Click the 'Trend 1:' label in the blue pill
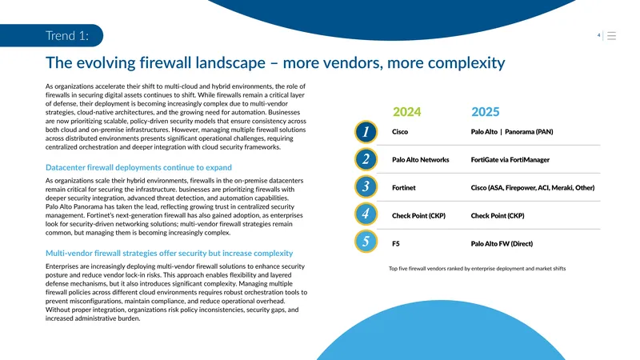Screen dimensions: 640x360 tap(67, 35)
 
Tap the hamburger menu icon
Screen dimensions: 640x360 tap(611, 36)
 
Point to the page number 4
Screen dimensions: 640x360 tap(598, 35)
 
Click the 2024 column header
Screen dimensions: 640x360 tap(406, 111)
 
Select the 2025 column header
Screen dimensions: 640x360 tap(486, 111)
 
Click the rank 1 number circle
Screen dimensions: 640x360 tap(366, 132)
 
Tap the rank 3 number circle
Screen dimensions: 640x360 tap(366, 186)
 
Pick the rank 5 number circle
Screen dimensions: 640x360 tap(366, 242)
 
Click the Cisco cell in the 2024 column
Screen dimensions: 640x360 tap(400, 132)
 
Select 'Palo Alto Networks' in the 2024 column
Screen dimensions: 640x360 tap(421, 159)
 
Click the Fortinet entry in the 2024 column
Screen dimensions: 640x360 tap(404, 188)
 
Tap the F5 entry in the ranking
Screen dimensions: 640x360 tap(396, 244)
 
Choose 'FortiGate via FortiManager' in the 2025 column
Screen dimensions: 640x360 tap(510, 159)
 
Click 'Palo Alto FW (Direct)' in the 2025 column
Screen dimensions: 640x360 tap(502, 244)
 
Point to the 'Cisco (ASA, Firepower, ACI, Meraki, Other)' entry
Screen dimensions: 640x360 tap(533, 188)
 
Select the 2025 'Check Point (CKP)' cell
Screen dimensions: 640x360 tap(498, 215)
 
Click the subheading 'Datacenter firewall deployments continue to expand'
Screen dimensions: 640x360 tap(138, 167)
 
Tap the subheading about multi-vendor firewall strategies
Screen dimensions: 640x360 tap(170, 253)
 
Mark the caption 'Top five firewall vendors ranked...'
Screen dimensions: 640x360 tap(477, 269)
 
